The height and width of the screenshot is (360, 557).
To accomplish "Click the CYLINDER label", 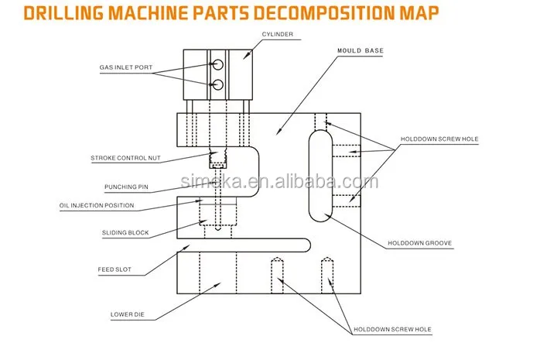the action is click(x=278, y=34).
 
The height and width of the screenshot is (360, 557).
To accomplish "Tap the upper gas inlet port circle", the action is click(x=217, y=64).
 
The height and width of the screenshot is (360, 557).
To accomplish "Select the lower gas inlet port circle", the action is click(x=217, y=84).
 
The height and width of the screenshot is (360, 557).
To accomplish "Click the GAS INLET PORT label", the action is click(x=126, y=67).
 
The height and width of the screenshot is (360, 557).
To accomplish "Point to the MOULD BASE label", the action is click(x=361, y=50).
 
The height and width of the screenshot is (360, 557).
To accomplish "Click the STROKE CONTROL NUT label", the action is click(x=125, y=158).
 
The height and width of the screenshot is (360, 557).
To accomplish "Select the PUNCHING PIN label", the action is click(x=126, y=187).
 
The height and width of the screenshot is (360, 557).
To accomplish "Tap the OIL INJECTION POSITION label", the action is click(x=97, y=205).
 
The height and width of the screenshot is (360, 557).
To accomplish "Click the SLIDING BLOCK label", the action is click(x=125, y=233).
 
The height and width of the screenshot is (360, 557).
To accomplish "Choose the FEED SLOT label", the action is click(x=114, y=269).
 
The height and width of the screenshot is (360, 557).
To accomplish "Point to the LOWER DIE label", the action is click(x=127, y=314).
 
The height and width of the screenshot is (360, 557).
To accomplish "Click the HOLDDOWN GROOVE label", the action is click(x=419, y=243).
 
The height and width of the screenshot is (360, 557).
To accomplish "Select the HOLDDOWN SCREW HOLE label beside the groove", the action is click(x=439, y=139).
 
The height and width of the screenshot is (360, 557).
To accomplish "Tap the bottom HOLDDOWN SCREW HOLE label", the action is click(x=392, y=330).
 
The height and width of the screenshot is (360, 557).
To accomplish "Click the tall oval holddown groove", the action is click(x=309, y=176).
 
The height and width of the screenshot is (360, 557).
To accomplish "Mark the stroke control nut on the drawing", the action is click(x=217, y=159).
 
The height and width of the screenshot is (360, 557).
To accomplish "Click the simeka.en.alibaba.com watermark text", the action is click(x=279, y=182).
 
